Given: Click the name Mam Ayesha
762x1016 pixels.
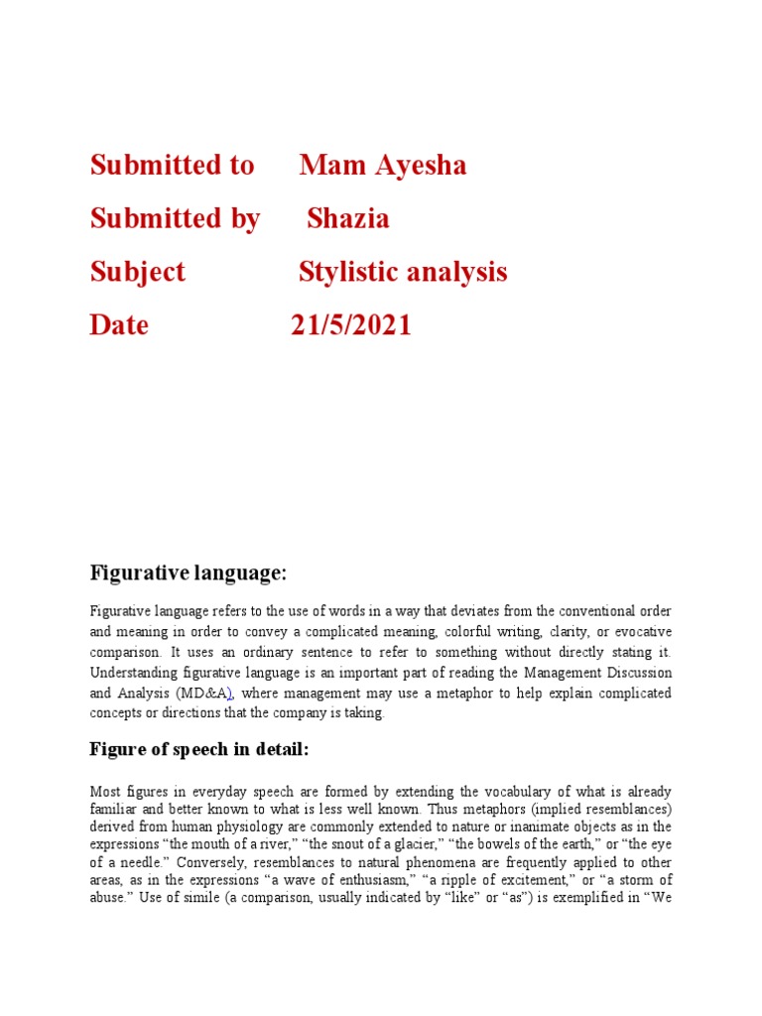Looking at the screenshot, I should coord(383,165).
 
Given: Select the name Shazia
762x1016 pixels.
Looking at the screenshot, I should coord(348,218).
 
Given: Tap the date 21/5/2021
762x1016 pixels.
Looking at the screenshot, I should coord(351,324).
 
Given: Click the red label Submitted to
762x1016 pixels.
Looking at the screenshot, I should coord(172,165).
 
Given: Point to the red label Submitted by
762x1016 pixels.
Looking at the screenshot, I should coord(175,218).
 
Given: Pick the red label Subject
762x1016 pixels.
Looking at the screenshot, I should coord(137,272).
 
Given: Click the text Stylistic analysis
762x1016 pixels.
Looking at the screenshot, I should coord(403,272).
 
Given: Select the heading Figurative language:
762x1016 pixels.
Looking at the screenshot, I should coord(188,572).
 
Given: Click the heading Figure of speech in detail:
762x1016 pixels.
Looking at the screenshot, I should coord(199,749).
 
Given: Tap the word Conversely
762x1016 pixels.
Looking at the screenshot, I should coord(220,862).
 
